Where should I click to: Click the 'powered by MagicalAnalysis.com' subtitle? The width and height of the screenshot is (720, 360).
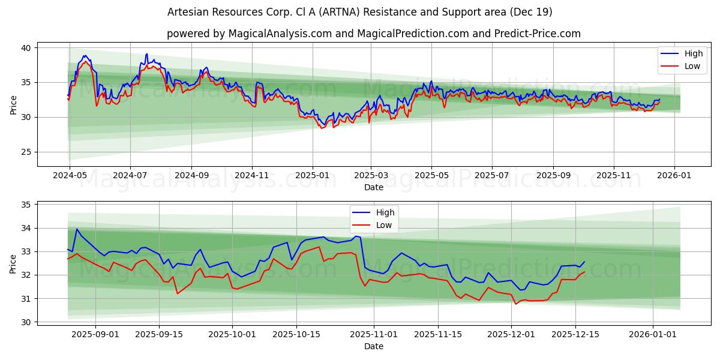coord(373,34)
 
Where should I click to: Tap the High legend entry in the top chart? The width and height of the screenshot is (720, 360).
coord(694,54)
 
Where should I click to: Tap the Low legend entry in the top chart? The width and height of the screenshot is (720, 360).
coord(692,66)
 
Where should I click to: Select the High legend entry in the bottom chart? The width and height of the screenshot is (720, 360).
coord(385,212)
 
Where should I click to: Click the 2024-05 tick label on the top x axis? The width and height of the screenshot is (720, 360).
coord(70,175)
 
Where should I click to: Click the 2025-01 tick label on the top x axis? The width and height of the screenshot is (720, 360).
coord(312,175)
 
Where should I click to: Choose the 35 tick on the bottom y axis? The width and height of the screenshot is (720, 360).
coord(26,205)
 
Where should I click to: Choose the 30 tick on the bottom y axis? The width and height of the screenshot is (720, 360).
coord(26,322)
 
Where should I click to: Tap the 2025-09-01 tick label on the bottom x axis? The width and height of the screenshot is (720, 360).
coord(95,334)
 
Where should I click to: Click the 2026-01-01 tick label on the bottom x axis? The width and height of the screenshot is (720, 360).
coord(653,334)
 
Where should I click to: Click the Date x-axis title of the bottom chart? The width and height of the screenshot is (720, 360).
coord(373,346)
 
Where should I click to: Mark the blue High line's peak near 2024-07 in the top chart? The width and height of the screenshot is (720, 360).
coord(146,53)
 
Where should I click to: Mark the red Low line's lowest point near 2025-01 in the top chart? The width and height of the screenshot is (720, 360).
coord(322,128)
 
